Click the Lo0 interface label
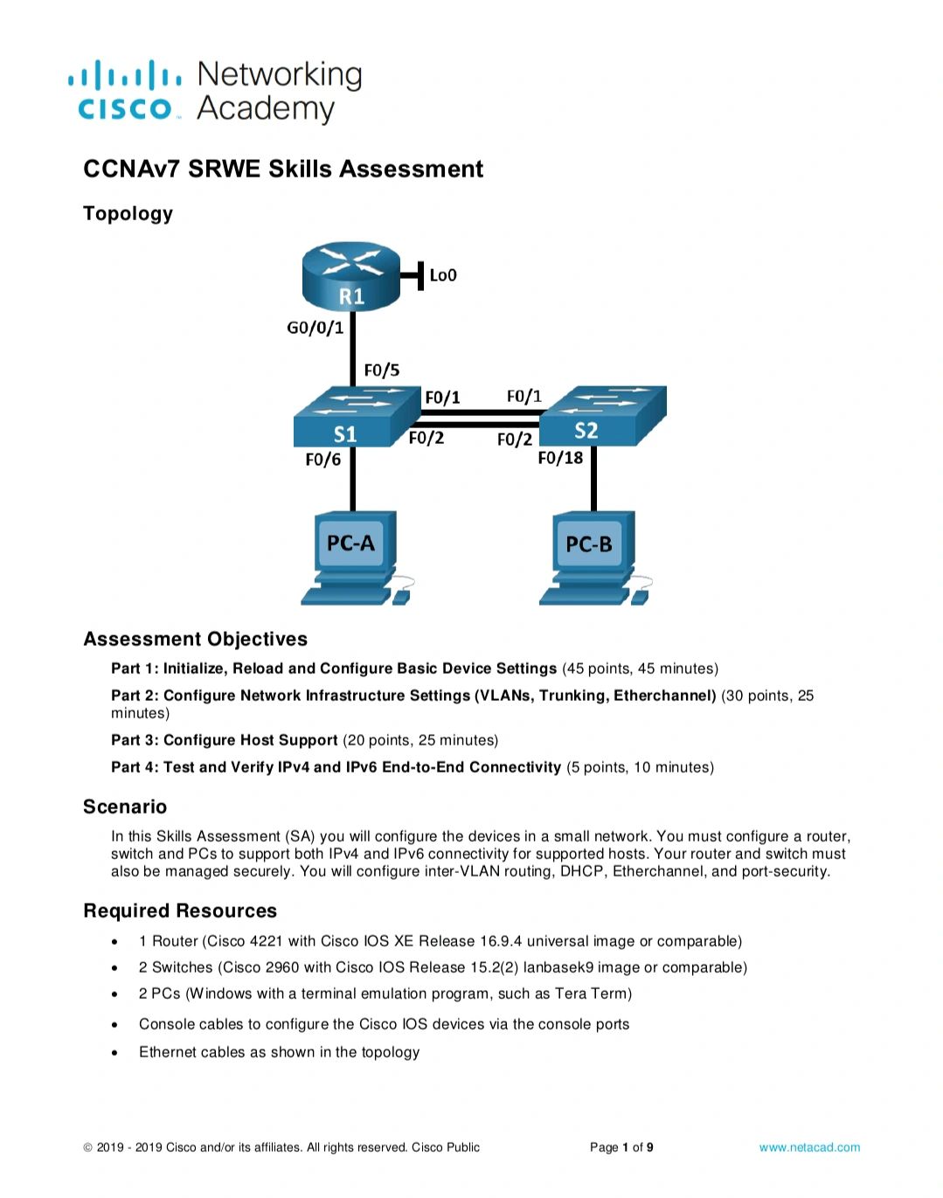point(443,275)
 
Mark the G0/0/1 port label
point(315,328)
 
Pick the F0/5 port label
point(382,370)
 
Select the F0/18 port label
point(560,458)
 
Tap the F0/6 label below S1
point(323,460)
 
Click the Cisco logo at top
point(125,90)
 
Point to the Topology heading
point(128,214)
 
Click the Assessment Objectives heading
point(195,639)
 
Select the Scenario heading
point(125,807)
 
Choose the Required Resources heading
point(180,911)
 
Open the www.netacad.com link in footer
point(809,1147)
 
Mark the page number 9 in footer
point(649,1147)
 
